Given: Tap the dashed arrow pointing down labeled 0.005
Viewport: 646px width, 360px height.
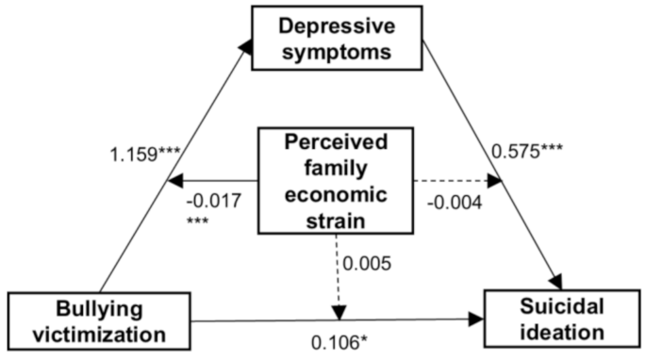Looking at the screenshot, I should (x=337, y=273).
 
